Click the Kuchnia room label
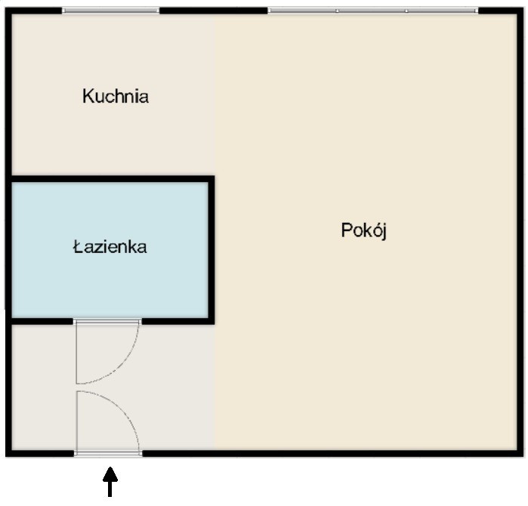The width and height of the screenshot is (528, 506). (x=116, y=96)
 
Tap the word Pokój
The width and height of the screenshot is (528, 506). (x=363, y=231)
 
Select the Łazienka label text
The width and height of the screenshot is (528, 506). (x=110, y=247)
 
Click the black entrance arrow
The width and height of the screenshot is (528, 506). (x=110, y=481)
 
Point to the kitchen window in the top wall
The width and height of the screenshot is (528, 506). (x=110, y=11)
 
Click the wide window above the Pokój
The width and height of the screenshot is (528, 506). (x=373, y=11)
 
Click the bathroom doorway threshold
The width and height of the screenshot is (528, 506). (x=107, y=322)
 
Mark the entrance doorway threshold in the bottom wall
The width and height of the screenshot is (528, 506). (x=108, y=454)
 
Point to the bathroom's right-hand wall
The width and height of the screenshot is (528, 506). (x=212, y=250)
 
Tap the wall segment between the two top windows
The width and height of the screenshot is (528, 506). (x=214, y=11)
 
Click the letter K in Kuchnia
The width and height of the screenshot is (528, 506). (x=88, y=96)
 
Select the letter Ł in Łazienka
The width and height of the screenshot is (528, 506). (x=78, y=247)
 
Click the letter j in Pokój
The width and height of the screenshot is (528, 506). (x=384, y=232)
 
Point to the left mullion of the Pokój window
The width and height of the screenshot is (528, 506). (x=337, y=11)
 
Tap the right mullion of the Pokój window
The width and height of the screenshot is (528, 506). (x=406, y=11)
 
